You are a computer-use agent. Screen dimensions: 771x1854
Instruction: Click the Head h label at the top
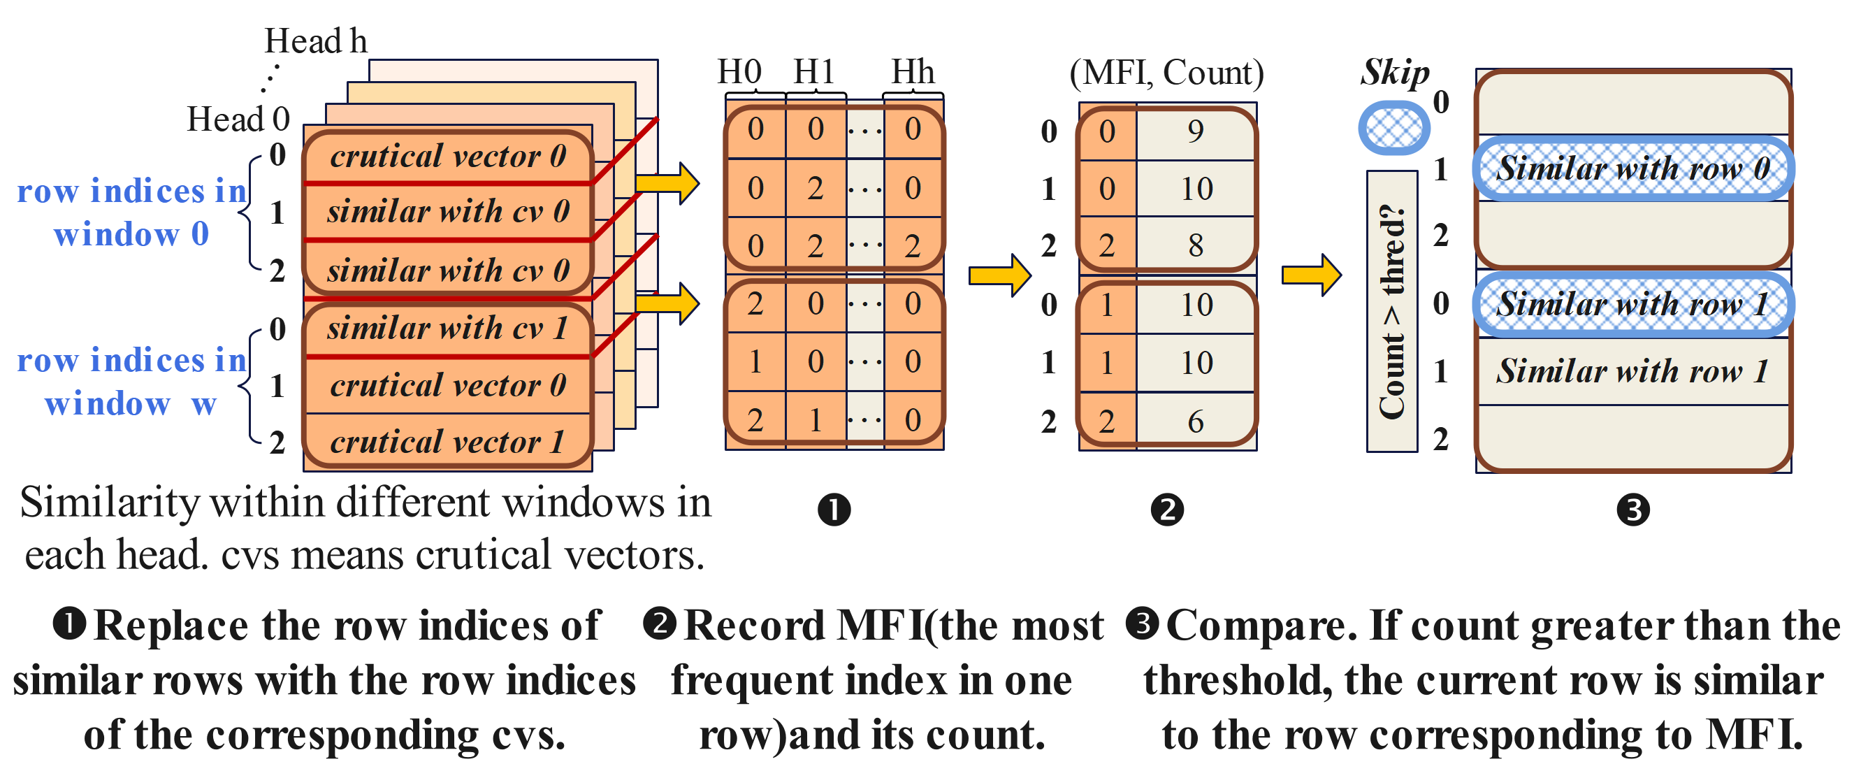[315, 41]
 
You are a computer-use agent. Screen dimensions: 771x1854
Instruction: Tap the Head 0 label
[238, 119]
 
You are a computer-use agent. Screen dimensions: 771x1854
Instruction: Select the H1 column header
[814, 72]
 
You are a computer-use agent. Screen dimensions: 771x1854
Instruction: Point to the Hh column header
[913, 72]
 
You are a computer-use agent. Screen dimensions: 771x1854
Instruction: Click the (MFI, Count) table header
[1166, 73]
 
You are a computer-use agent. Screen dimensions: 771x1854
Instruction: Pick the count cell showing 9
[1196, 131]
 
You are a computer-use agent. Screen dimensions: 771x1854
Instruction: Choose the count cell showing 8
[1196, 245]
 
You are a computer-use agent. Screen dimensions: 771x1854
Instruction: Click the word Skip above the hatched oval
[1394, 72]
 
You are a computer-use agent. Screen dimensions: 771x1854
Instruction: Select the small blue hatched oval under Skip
[1394, 127]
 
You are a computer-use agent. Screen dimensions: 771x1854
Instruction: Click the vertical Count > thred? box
[1392, 311]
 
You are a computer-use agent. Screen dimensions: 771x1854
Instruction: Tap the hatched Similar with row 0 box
[1633, 168]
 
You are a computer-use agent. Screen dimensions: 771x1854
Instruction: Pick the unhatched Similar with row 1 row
[1633, 371]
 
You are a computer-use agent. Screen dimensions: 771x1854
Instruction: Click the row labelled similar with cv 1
[447, 329]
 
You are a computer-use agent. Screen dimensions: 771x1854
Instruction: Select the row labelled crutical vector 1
[447, 442]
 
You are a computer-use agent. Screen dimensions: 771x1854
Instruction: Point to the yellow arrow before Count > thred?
[1310, 274]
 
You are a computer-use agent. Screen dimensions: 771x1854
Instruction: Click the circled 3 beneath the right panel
[1633, 510]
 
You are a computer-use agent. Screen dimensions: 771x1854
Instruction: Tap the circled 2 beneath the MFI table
[1166, 510]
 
